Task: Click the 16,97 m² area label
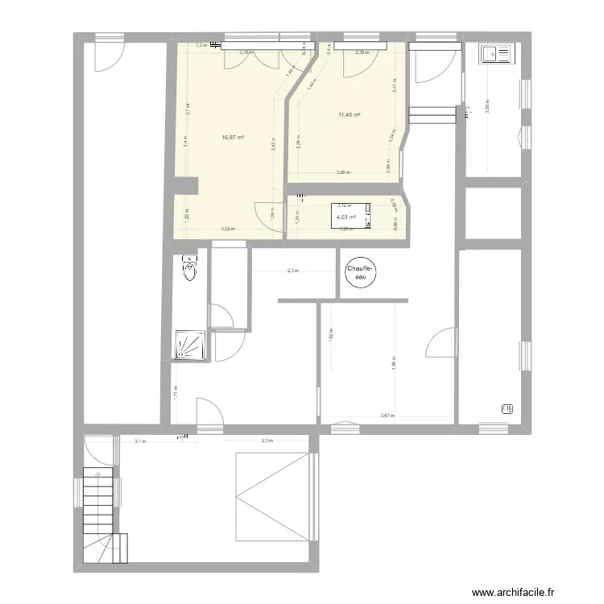click(233, 138)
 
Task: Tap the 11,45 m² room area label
click(349, 115)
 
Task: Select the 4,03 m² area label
click(347, 217)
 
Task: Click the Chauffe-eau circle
click(362, 272)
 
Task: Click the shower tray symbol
click(190, 345)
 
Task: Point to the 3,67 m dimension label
click(387, 416)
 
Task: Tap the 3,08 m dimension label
click(343, 173)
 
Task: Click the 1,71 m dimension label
click(175, 393)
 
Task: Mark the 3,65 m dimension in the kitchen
click(486, 104)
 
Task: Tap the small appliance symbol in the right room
click(507, 408)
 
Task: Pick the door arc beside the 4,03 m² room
click(267, 215)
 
